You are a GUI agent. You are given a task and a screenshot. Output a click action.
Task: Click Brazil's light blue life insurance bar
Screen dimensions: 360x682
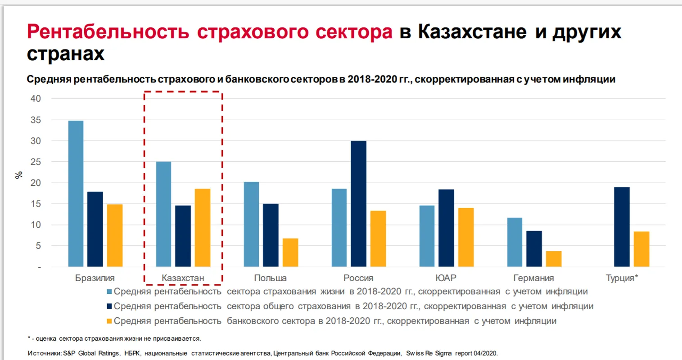76,193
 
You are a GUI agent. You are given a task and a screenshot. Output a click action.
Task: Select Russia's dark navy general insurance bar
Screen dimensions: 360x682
358,204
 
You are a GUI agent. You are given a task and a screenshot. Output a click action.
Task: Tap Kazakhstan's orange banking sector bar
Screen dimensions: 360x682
203,228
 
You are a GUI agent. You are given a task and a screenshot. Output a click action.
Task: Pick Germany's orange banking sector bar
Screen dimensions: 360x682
554,259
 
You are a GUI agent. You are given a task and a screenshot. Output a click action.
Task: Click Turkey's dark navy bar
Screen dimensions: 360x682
622,227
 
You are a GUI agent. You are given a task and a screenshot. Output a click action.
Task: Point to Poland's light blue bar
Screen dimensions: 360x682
251,224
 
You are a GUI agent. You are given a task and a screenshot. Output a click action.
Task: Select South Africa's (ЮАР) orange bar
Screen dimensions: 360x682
466,237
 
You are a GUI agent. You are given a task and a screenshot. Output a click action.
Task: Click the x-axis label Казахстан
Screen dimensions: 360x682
183,278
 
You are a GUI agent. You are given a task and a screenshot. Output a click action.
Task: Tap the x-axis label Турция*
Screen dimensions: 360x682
622,278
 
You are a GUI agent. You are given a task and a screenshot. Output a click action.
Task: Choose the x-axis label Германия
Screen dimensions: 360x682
533,278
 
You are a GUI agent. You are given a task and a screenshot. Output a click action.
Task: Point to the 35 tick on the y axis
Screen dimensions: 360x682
36,120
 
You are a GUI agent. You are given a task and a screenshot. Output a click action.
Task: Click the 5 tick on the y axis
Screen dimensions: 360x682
38,246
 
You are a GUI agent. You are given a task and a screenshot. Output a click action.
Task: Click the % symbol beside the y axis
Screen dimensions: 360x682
19,175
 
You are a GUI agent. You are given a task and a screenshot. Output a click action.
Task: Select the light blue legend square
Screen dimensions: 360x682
109,292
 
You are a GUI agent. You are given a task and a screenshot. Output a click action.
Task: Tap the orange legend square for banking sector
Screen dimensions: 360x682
109,321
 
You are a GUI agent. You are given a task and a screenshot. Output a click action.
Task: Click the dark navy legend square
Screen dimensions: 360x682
109,306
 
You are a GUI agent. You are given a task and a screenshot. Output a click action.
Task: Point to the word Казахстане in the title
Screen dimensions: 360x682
472,32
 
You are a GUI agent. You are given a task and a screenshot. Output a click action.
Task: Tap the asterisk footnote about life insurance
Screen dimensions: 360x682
114,338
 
